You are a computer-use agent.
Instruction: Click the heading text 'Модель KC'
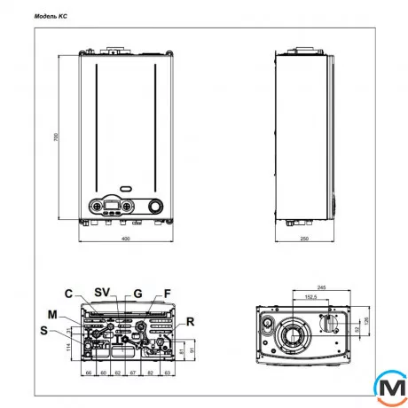(51, 16)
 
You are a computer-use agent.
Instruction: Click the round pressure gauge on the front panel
(157, 207)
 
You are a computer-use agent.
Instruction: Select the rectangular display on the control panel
(112, 207)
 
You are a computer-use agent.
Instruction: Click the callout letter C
(67, 294)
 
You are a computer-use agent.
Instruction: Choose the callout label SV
(103, 293)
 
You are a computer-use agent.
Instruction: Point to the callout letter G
(137, 293)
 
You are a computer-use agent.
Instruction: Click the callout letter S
(46, 332)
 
